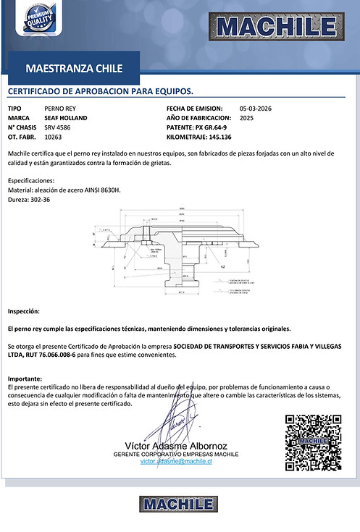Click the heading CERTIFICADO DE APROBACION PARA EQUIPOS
[x=100, y=93]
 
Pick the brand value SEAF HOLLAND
[x=65, y=117]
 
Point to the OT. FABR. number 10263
[x=53, y=136]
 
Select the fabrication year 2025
[x=246, y=117]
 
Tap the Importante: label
[x=25, y=379]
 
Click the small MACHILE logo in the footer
[x=179, y=504]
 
